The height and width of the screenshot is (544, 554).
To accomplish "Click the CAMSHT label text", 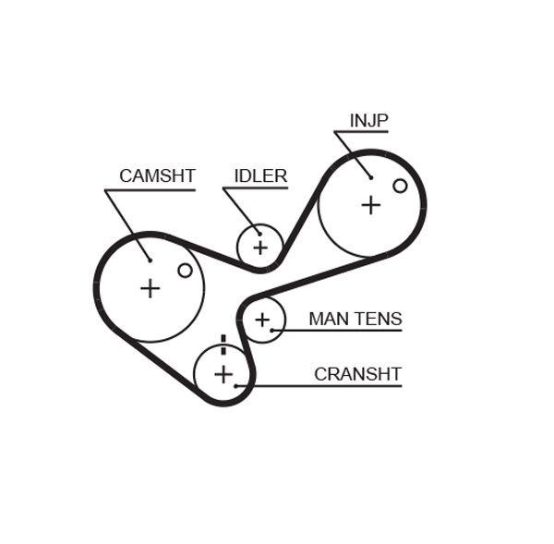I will pos(157,175).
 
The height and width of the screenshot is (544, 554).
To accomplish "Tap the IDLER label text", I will pos(260,175).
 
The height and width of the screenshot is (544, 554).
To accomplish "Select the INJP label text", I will pos(368,121).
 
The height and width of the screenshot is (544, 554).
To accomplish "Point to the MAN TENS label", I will pos(355,319).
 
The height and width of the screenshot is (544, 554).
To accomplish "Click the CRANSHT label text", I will pos(357,373).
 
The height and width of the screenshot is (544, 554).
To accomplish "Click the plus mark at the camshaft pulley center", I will pos(150,288).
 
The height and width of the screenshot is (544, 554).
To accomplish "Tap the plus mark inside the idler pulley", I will pos(260,247).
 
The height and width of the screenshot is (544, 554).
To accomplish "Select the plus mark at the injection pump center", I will pos(370,205).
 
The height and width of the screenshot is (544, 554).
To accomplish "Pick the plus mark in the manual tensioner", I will pos(263,320).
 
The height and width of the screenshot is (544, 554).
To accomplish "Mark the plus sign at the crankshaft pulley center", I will pos(223,373).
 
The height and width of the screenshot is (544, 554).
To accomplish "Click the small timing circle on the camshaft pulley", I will pos(185,270).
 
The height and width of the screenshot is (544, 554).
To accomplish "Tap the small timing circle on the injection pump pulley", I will pos(400,186).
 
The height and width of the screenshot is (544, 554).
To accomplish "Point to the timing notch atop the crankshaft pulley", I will pos(223,340).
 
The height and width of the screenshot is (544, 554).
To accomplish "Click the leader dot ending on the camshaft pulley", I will pos(148,260).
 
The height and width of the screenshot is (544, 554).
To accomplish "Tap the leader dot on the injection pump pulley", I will pos(370,176).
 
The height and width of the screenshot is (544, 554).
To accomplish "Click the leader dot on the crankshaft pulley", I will pos(236,384).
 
